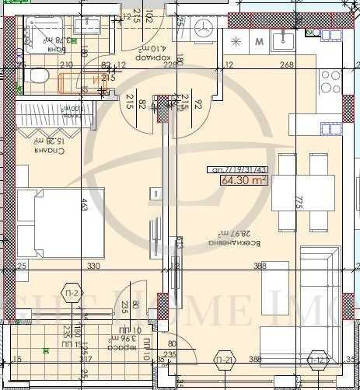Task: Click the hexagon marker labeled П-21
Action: [x=225, y=359]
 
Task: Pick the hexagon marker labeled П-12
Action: [x=317, y=359]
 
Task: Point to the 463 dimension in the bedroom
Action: [x=82, y=206]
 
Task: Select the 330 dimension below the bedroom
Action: [x=93, y=266]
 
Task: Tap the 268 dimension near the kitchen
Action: [x=287, y=65]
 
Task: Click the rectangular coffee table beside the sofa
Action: [x=276, y=278]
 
